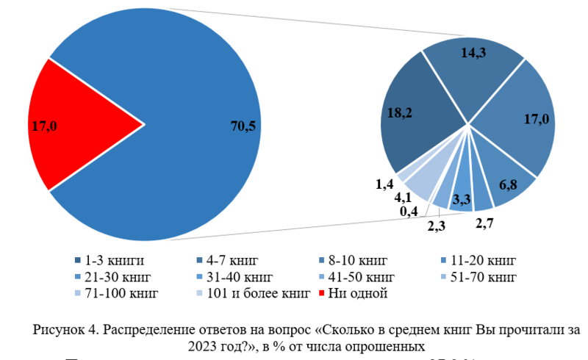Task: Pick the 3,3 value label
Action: pyautogui.click(x=462, y=199)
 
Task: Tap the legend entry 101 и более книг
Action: pyautogui.click(x=246, y=294)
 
